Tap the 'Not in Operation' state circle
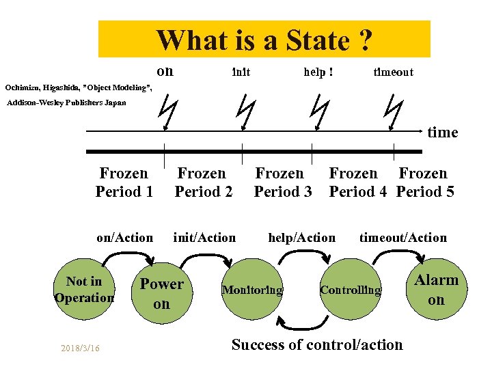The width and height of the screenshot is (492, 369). click(83, 290)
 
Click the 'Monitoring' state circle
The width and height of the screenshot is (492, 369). click(252, 290)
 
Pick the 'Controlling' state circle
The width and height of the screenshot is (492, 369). click(351, 290)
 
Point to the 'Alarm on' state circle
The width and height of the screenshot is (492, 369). click(436, 289)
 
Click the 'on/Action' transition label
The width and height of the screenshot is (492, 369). click(124, 238)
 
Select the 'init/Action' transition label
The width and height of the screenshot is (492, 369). click(204, 238)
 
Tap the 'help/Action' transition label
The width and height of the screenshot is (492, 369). click(301, 238)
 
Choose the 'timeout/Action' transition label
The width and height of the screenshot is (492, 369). click(402, 238)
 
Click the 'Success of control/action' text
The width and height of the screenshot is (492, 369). click(317, 344)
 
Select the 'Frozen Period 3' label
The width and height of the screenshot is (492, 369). click(282, 182)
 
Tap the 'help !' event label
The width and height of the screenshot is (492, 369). click(318, 72)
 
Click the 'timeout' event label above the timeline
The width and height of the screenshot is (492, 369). click(393, 72)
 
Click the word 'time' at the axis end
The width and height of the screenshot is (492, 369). click(442, 133)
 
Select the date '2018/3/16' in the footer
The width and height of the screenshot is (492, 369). click(79, 348)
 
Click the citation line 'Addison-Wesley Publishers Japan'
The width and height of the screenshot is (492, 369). click(66, 103)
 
